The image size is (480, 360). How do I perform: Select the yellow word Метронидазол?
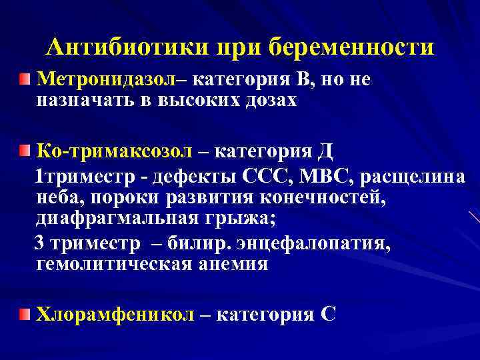pos(105,80)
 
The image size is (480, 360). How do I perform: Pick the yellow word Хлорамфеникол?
pos(114,313)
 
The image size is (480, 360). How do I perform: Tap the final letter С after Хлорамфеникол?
pos(327,313)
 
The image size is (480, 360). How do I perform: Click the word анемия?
pos(235,264)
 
